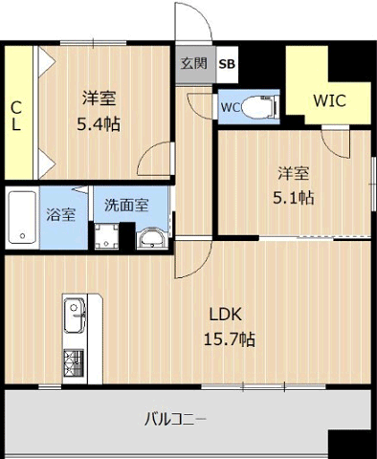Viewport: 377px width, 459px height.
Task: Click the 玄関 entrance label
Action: (x=194, y=64)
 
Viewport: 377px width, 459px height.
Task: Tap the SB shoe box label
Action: (x=227, y=64)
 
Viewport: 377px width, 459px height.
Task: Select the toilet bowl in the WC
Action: (x=259, y=106)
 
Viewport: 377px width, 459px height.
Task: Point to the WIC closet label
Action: (x=329, y=100)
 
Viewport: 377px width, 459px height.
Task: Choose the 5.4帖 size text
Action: (x=99, y=124)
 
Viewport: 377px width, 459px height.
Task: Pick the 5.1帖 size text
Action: (x=293, y=198)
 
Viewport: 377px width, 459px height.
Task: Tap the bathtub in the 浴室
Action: (x=22, y=217)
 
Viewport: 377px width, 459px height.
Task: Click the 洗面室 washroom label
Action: (x=126, y=206)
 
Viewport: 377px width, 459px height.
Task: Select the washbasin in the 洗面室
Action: (x=152, y=238)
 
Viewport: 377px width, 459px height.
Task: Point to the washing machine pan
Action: (x=107, y=236)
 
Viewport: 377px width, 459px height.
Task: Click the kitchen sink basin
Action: (x=75, y=316)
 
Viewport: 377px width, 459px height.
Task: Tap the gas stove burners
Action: (x=74, y=362)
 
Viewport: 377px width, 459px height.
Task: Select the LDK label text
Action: (x=226, y=315)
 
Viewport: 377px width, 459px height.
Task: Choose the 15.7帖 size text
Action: (x=230, y=339)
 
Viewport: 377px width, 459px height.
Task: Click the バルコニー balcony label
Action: (x=176, y=420)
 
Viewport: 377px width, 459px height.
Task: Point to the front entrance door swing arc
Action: (x=203, y=13)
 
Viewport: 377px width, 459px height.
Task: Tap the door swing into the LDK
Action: (x=203, y=266)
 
